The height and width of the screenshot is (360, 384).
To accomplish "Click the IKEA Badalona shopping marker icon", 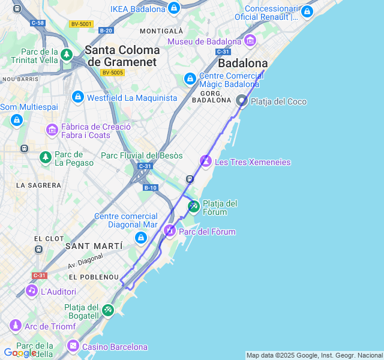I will (x=173, y=8).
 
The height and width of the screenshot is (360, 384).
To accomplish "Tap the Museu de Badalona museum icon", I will (x=250, y=41).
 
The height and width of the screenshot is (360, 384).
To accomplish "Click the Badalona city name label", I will (x=242, y=63).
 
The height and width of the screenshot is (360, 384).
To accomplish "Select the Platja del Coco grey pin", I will (x=241, y=100).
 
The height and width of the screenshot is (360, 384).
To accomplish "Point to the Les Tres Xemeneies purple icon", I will (x=206, y=161).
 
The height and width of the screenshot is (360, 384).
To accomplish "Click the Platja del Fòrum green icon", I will (x=193, y=206).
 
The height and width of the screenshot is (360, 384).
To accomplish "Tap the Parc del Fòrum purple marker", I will (x=170, y=231).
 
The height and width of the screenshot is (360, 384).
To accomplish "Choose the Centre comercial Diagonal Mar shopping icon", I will (x=141, y=238).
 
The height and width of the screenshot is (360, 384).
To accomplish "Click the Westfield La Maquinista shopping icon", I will (x=77, y=97).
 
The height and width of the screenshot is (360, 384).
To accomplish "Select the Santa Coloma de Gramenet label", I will (x=122, y=56).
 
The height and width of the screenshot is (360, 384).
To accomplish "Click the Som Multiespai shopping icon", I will (x=16, y=119).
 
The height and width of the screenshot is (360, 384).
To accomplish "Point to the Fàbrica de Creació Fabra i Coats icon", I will (x=52, y=130).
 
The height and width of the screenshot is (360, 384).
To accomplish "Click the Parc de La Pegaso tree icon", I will (x=45, y=157).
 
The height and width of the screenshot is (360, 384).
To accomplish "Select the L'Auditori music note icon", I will (x=31, y=291).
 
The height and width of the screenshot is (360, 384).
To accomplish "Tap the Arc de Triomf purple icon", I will (x=15, y=326).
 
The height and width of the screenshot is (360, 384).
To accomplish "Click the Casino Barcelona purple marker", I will (x=73, y=346).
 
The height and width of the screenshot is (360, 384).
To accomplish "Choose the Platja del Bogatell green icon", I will (x=107, y=310).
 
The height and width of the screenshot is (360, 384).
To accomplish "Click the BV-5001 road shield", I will (x=81, y=24).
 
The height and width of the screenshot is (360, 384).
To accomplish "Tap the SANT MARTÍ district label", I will (x=94, y=246).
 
